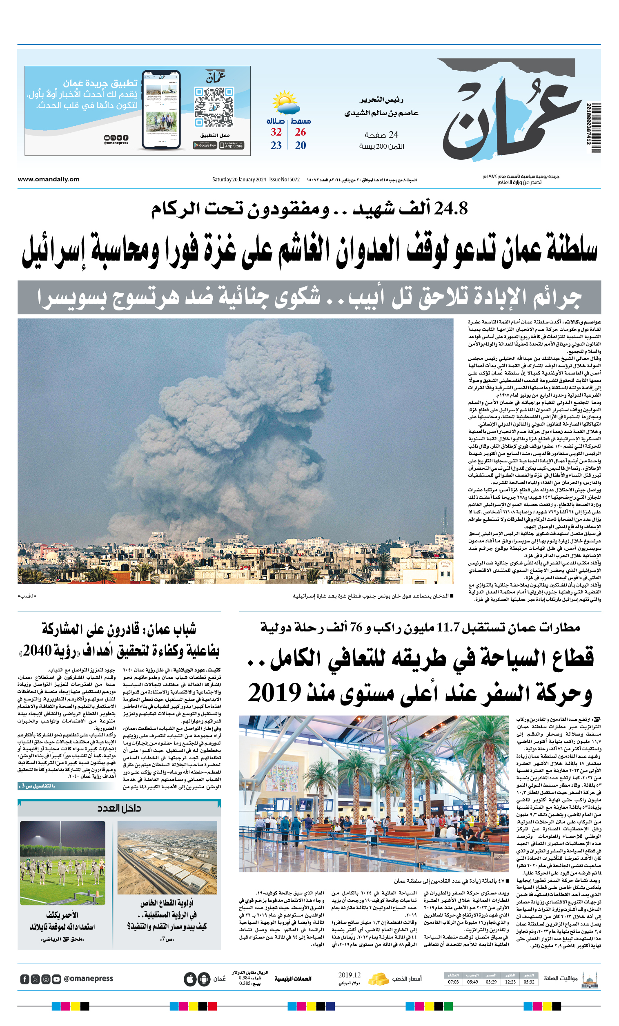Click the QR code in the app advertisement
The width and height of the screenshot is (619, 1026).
tap(214, 107)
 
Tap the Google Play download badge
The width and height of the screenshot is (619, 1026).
tap(205, 145)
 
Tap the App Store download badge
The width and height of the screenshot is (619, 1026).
tap(232, 145)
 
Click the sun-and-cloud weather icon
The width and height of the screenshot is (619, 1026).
tap(285, 103)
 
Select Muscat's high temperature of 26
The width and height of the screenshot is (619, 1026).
tap(300, 132)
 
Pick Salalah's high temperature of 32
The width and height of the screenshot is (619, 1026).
tap(276, 132)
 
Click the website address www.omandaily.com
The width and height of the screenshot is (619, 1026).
tap(48, 179)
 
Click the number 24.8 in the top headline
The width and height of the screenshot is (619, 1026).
tap(451, 208)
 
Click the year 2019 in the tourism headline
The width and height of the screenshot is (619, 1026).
tap(274, 693)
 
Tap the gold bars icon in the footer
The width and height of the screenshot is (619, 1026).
tap(378, 979)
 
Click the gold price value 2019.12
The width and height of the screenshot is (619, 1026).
tap(349, 975)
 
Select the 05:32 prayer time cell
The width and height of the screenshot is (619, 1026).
tap(529, 982)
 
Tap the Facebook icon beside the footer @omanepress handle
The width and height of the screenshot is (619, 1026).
tap(24, 979)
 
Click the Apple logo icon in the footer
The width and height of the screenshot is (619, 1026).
tap(190, 979)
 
